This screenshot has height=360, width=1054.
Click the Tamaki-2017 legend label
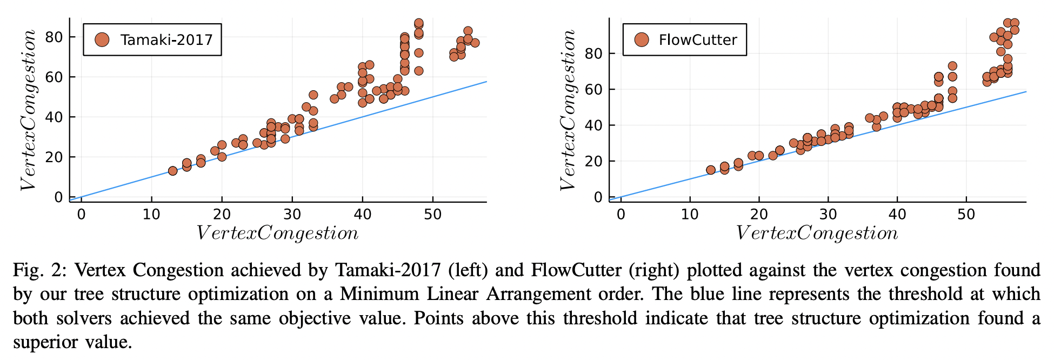click(166, 40)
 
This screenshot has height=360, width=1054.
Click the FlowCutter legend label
click(698, 40)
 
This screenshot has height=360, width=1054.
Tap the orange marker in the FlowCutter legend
click(641, 39)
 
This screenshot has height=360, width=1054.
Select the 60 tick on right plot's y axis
click(593, 89)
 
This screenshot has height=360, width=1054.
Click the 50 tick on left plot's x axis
click(432, 215)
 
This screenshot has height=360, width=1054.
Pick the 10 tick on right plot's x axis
click(690, 215)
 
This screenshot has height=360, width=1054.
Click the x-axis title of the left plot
click(277, 234)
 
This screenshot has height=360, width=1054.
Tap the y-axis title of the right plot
click(568, 110)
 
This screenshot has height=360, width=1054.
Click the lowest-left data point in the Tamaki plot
click(172, 171)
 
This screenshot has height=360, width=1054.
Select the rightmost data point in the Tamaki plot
click(475, 43)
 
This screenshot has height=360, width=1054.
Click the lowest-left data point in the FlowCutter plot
click(711, 170)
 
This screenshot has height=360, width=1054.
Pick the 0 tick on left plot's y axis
click(58, 197)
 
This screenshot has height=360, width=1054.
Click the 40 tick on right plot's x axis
click(897, 215)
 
